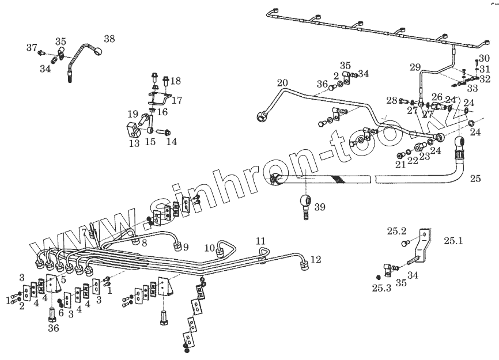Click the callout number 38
[109, 39]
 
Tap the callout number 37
[31, 47]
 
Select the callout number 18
[175, 81]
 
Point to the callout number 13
[134, 143]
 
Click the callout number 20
[282, 83]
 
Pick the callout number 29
[415, 67]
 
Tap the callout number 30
[484, 58]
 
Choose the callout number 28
[392, 101]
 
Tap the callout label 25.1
[452, 240]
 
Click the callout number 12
[316, 260]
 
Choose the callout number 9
[186, 248]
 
